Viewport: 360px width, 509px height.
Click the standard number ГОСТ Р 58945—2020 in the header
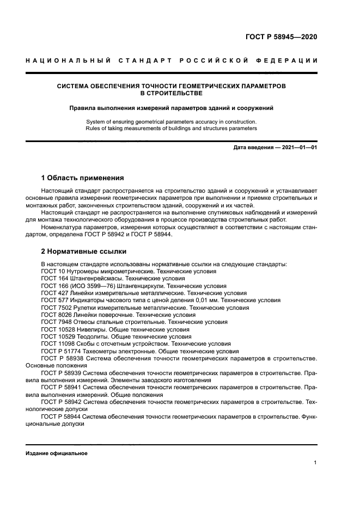coord(279,38)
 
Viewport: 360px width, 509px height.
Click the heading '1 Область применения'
coord(83,178)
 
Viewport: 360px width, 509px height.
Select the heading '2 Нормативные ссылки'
coord(84,252)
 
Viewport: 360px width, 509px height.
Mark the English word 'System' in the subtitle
coord(96,121)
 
